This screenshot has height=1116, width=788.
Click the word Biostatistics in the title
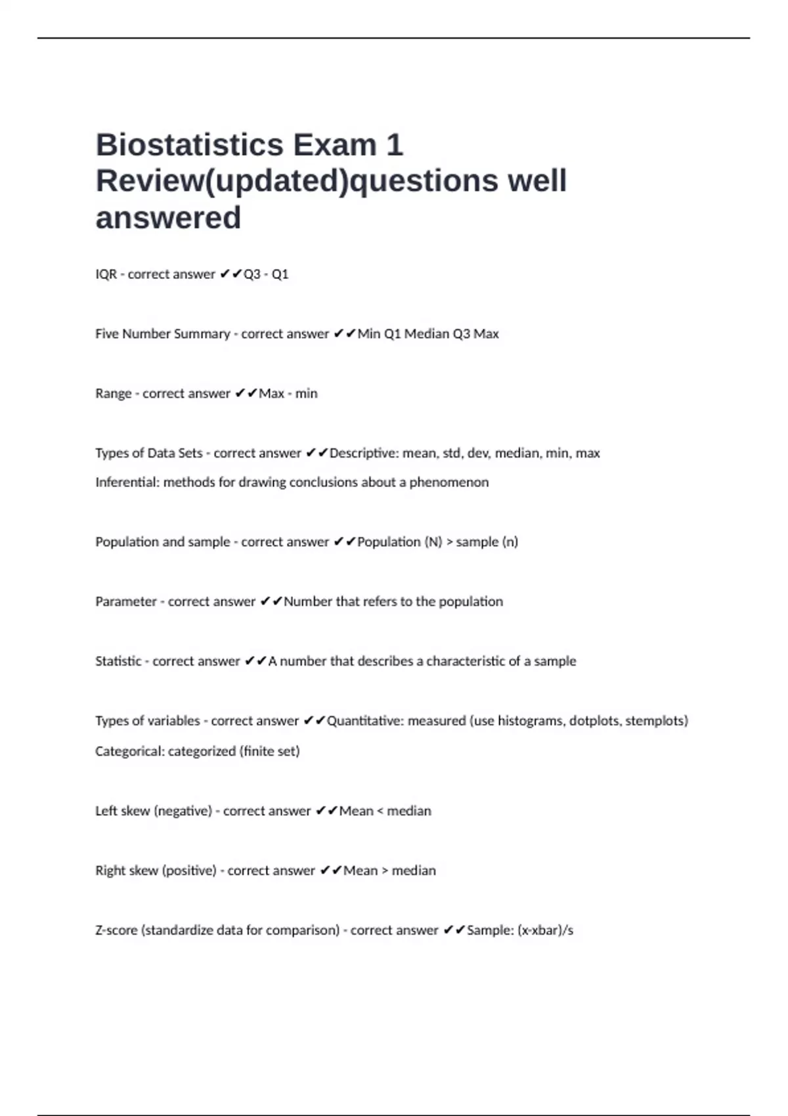[x=190, y=145]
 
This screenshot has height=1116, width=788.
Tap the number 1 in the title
[x=394, y=145]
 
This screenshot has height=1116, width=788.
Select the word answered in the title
[x=168, y=218]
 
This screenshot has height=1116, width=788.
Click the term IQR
[x=106, y=274]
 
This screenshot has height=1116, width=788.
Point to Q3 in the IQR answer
[x=252, y=274]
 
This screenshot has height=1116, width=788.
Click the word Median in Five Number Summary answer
[x=426, y=334]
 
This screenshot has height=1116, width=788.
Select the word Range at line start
[x=113, y=394]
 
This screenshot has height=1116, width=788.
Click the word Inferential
[x=127, y=483]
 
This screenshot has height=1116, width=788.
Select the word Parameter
[x=125, y=602]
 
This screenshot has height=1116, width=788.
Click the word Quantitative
[x=364, y=721]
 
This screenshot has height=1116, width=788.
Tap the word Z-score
[x=116, y=931]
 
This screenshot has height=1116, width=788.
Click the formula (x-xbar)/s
[x=545, y=931]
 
